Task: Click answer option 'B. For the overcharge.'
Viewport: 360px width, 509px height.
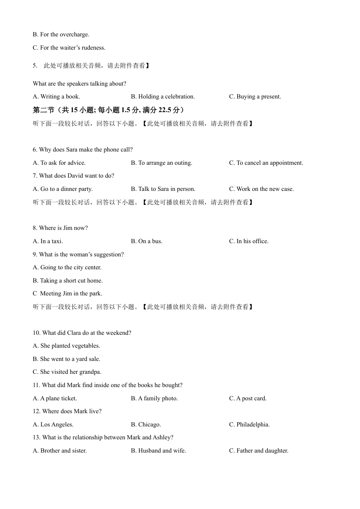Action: pyautogui.click(x=61, y=34)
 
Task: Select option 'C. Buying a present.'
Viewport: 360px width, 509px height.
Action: pyautogui.click(x=255, y=97)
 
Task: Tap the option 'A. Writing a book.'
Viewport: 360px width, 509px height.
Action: pyautogui.click(x=56, y=97)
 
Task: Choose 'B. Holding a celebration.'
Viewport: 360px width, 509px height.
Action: pyautogui.click(x=163, y=97)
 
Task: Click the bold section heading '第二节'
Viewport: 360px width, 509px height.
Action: pyautogui.click(x=44, y=110)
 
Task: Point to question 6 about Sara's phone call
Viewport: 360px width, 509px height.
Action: pyautogui.click(x=83, y=150)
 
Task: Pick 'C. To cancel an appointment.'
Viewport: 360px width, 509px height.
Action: pyautogui.click(x=266, y=163)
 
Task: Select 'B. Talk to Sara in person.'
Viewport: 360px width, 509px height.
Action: pyautogui.click(x=163, y=189)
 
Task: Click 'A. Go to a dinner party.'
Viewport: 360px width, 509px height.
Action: pyautogui.click(x=63, y=189)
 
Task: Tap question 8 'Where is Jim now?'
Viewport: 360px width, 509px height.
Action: pyautogui.click(x=60, y=228)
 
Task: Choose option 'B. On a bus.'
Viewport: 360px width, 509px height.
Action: pyautogui.click(x=146, y=241)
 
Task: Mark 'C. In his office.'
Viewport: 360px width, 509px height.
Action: pyautogui.click(x=249, y=241)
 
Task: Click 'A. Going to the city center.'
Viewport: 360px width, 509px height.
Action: pyautogui.click(x=67, y=267)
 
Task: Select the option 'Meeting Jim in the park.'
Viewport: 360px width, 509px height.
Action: pyautogui.click(x=71, y=294)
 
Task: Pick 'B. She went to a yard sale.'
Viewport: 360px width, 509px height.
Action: pyautogui.click(x=66, y=359)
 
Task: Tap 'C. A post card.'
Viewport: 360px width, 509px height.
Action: pyautogui.click(x=247, y=398)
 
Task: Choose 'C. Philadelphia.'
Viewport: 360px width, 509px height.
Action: pyautogui.click(x=249, y=425)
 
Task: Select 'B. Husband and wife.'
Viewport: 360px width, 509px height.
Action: pyautogui.click(x=158, y=451)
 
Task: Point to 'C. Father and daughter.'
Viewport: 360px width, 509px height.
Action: pyautogui.click(x=258, y=451)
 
